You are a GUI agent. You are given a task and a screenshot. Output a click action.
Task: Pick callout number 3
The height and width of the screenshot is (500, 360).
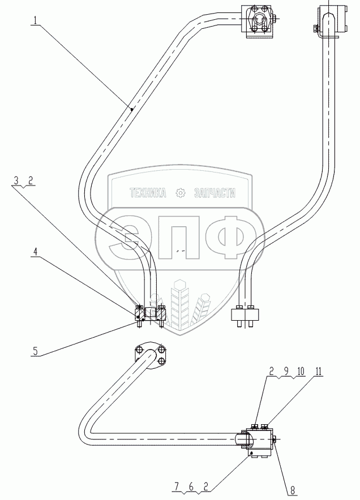[18, 181]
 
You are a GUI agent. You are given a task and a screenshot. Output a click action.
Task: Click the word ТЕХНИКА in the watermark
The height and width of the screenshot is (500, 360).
[148, 193]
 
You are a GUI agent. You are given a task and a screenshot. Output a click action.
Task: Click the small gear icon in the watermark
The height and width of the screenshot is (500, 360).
[181, 193]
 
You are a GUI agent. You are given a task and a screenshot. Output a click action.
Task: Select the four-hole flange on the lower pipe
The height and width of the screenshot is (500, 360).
[150, 355]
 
